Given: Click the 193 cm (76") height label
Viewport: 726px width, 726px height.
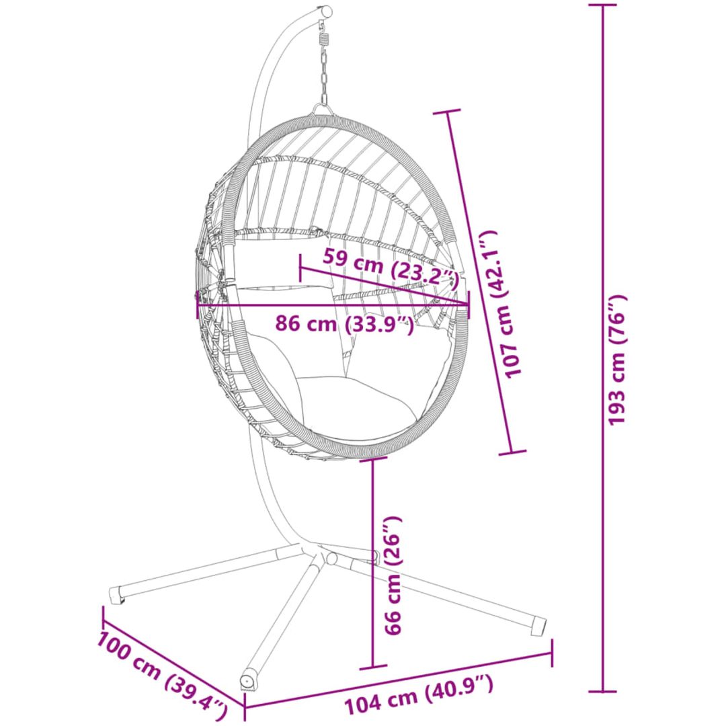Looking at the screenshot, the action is pos(617,359).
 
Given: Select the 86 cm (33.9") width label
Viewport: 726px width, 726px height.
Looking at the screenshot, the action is pos(344,323).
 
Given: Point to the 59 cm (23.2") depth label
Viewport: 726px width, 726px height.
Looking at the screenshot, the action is pos(390,268).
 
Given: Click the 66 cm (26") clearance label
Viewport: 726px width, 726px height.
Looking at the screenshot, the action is pos(393,575).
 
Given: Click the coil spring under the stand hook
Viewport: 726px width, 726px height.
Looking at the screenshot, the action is pos(323,34).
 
